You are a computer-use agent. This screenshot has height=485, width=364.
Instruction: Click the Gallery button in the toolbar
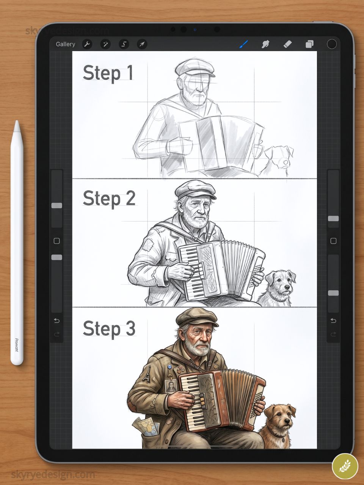coord(65,44)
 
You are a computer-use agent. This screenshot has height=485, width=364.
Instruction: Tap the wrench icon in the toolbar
coord(87,44)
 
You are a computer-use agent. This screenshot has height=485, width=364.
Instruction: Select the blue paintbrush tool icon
coord(243,44)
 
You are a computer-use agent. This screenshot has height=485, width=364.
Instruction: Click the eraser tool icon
coord(287,44)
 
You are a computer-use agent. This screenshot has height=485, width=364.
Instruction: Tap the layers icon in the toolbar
coord(309,44)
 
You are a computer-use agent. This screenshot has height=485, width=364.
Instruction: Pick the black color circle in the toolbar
coord(332,44)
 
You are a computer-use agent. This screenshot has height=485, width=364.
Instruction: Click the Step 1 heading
coord(108,73)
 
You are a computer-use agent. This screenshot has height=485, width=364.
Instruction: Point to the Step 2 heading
coord(109,198)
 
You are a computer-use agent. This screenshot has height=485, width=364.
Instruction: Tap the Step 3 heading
coord(109,328)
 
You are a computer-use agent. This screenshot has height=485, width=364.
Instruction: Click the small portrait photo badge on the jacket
coord(171,386)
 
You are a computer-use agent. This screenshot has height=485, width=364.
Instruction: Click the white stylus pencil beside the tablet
coord(17,242)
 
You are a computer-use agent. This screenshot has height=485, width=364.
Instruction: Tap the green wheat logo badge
coord(345,466)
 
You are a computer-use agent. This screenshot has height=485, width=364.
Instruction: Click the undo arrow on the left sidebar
coord(56,321)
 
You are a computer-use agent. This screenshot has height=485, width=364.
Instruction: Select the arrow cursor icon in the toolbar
coord(142,44)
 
